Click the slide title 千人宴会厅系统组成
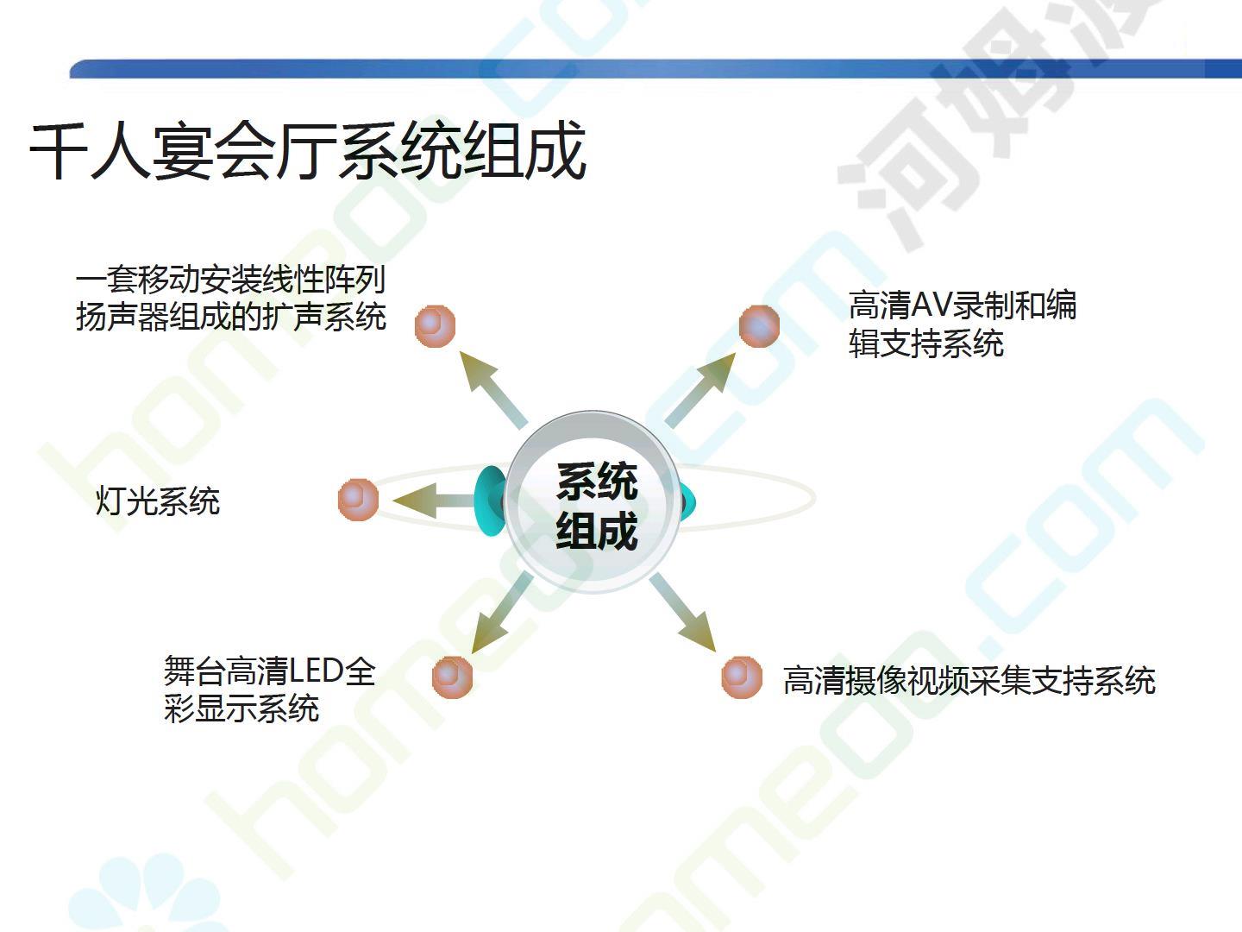(x=307, y=151)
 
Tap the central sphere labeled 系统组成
(x=593, y=502)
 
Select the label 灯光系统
(x=158, y=501)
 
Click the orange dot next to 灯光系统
(x=358, y=500)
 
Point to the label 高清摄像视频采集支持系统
(x=969, y=680)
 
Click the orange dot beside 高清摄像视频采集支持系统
(x=742, y=677)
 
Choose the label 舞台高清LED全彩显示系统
(x=270, y=690)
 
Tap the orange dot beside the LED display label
(x=452, y=677)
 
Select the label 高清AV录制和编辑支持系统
(x=962, y=324)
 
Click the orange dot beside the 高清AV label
(x=759, y=326)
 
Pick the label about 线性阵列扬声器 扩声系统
(x=231, y=298)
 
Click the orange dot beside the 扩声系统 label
(x=435, y=326)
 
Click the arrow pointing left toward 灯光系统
(x=435, y=501)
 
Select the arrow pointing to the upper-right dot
(x=700, y=390)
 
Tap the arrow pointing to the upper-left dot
(x=493, y=390)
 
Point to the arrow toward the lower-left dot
(x=503, y=613)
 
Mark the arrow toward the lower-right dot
(x=683, y=613)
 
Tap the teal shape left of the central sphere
(x=488, y=501)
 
